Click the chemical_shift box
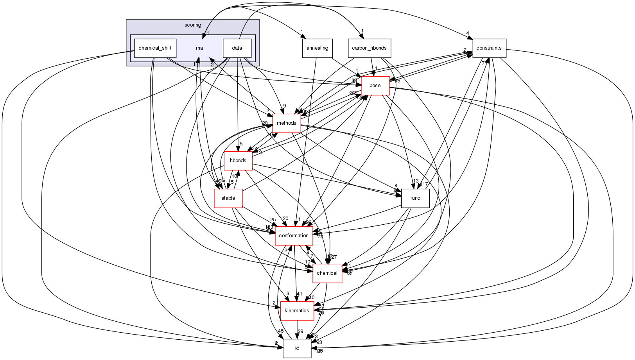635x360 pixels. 155,48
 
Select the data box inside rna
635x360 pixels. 237,48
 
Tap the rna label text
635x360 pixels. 199,48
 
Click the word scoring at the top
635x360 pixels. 193,25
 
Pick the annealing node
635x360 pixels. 317,48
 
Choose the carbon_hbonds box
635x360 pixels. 369,48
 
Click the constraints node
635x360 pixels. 489,48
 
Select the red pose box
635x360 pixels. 375,86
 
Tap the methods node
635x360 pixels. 287,123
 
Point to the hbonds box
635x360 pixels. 238,161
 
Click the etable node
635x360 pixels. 228,198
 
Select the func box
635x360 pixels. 415,198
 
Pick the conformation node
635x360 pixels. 294,236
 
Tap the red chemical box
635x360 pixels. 327,273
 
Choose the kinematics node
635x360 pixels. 297,311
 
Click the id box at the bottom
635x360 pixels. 297,348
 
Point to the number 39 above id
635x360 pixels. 300,331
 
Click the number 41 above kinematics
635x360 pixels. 300,294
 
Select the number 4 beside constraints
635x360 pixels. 467,33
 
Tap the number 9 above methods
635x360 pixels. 285,106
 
